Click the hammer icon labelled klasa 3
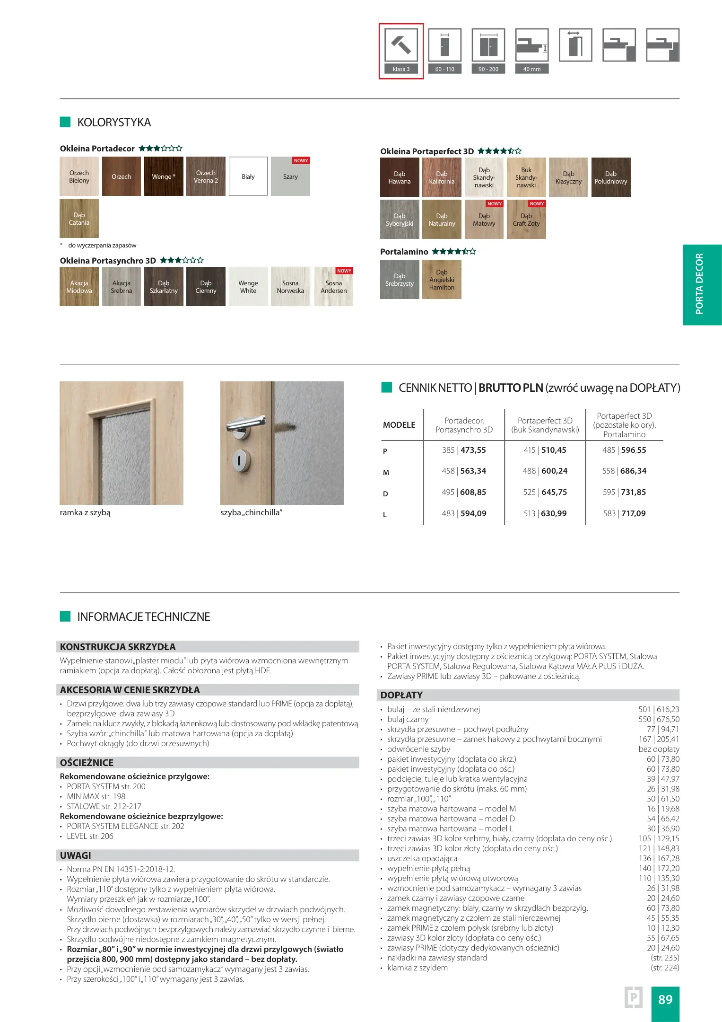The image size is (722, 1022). pyautogui.click(x=401, y=45)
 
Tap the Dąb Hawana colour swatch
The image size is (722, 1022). pyautogui.click(x=400, y=177)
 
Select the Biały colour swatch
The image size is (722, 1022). pyautogui.click(x=248, y=176)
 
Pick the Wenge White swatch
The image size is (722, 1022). pyautogui.click(x=248, y=287)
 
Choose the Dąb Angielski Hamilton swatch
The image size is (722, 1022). pyautogui.click(x=442, y=280)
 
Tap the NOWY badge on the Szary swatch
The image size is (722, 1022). pyautogui.click(x=301, y=161)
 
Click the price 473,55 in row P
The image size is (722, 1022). pyautogui.click(x=473, y=450)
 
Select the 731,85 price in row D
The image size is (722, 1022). pyautogui.click(x=634, y=492)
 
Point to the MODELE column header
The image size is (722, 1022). pyautogui.click(x=399, y=425)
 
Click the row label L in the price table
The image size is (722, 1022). pyautogui.click(x=385, y=514)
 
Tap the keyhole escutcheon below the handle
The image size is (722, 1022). pyautogui.click(x=239, y=460)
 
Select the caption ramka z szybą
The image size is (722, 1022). pyautogui.click(x=85, y=512)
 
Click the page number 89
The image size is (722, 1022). pyautogui.click(x=665, y=999)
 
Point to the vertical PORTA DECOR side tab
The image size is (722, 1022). pyautogui.click(x=702, y=284)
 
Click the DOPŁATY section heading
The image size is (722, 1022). pyautogui.click(x=401, y=695)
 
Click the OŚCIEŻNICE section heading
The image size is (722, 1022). pyautogui.click(x=87, y=763)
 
